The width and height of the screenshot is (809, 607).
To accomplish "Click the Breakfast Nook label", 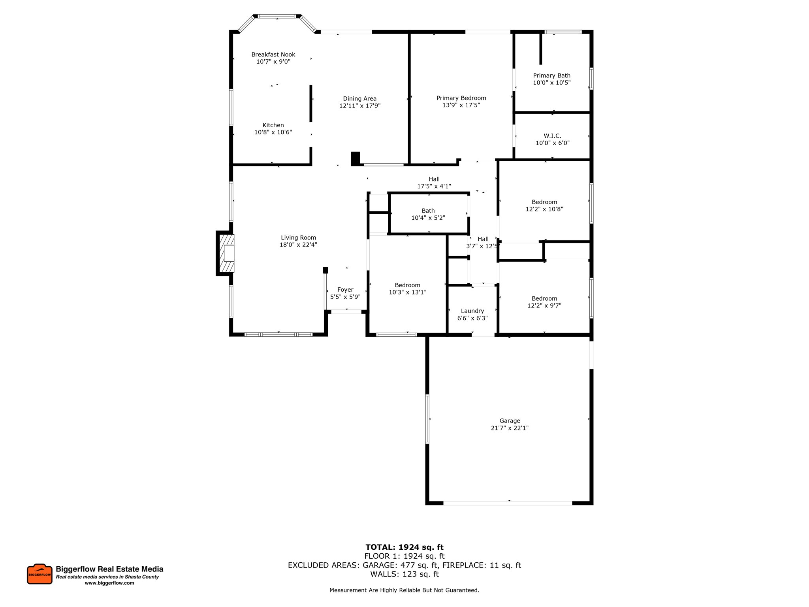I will pyautogui.click(x=273, y=55).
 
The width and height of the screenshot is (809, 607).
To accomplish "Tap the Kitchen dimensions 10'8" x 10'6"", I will pyautogui.click(x=273, y=132).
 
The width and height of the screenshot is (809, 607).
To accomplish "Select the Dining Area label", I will pyautogui.click(x=359, y=99).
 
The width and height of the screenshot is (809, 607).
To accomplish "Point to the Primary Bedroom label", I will pyautogui.click(x=461, y=98).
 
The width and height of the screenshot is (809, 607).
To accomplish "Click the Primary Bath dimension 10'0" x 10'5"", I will pyautogui.click(x=551, y=83).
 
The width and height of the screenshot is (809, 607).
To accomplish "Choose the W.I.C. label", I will pyautogui.click(x=552, y=136).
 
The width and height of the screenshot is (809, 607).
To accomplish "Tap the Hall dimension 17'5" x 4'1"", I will pyautogui.click(x=434, y=186).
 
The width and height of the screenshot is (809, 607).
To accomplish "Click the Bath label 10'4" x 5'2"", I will pyautogui.click(x=428, y=211).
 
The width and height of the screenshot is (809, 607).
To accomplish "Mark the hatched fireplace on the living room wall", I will pyautogui.click(x=226, y=253).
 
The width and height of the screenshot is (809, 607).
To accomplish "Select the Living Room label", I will pyautogui.click(x=298, y=238).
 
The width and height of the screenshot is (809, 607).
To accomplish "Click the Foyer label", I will pyautogui.click(x=345, y=290).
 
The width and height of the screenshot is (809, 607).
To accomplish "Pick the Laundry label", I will pyautogui.click(x=472, y=311).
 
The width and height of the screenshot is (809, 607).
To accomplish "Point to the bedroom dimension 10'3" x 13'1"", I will pyautogui.click(x=407, y=292).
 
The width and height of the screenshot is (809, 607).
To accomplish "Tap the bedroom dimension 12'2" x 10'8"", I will pyautogui.click(x=544, y=209).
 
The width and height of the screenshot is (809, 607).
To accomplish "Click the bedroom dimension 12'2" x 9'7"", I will pyautogui.click(x=544, y=305).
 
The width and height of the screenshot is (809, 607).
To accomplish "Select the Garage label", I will pyautogui.click(x=510, y=421).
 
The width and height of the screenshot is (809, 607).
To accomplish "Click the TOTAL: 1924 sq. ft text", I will pyautogui.click(x=404, y=547).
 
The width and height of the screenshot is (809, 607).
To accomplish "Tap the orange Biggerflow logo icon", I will pyautogui.click(x=40, y=574).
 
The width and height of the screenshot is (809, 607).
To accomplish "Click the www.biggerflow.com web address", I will pyautogui.click(x=109, y=583).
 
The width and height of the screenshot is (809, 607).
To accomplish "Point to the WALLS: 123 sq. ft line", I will pyautogui.click(x=404, y=574).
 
